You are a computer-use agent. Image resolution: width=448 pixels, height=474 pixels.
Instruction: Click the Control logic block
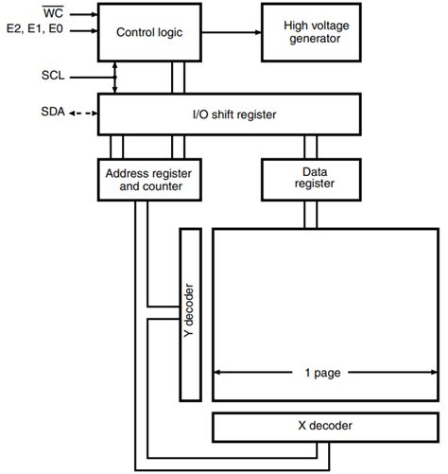click(148, 32)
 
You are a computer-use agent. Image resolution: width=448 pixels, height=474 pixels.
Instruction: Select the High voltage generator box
click(315, 32)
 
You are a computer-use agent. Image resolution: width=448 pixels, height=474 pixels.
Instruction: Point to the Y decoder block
click(189, 312)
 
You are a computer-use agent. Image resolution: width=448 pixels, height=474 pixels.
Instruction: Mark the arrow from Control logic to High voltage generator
click(231, 32)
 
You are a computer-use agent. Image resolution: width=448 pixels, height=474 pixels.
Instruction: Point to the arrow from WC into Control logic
click(83, 14)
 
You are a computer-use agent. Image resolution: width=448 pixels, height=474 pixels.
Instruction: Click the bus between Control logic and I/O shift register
click(177, 79)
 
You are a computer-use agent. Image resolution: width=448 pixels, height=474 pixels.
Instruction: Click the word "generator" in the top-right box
click(315, 41)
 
